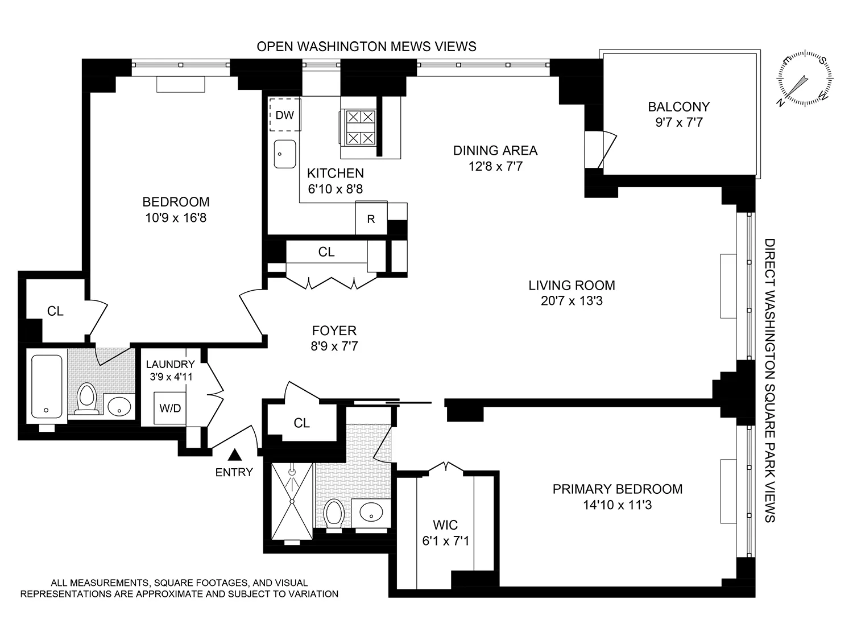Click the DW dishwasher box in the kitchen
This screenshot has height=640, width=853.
284,115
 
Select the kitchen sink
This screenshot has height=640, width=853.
285,154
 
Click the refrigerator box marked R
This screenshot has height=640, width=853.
371,218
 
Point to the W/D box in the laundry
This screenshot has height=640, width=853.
170,408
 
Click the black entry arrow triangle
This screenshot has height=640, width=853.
234,455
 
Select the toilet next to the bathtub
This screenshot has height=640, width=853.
86,397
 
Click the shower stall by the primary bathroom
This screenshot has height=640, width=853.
292,501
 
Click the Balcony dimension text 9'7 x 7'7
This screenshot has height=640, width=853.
679,122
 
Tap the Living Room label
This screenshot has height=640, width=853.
572,285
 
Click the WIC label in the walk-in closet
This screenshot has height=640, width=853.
445,525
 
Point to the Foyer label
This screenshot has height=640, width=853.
334,331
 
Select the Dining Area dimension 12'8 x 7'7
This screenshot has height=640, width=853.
495,166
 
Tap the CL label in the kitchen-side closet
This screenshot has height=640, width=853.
326,251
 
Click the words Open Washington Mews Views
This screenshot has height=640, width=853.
366,47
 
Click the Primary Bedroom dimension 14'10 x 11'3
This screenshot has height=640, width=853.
617,505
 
